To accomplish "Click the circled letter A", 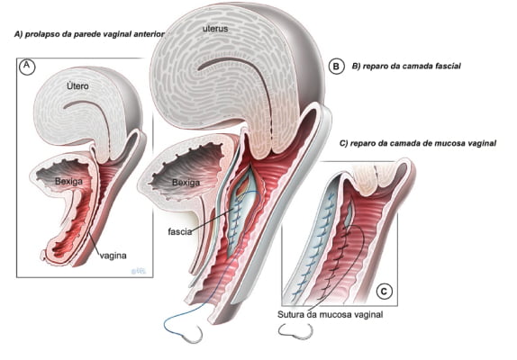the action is click(x=27, y=67).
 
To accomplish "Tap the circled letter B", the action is click(x=336, y=67).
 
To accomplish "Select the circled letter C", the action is click(x=384, y=292).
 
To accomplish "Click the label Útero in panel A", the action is click(x=77, y=86).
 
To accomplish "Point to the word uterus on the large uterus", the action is click(x=215, y=29).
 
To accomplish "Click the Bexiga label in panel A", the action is click(x=68, y=182).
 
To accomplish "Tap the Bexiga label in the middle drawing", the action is click(x=186, y=183).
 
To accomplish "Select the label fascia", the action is click(x=180, y=231).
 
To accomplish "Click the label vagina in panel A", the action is click(x=113, y=256).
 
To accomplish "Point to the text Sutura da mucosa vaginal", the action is click(x=330, y=314).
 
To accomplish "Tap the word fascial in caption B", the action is click(x=449, y=66).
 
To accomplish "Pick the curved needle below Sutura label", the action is click(x=296, y=332).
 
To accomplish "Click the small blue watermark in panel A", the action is click(x=138, y=271).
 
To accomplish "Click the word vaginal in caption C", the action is click(x=483, y=143).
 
